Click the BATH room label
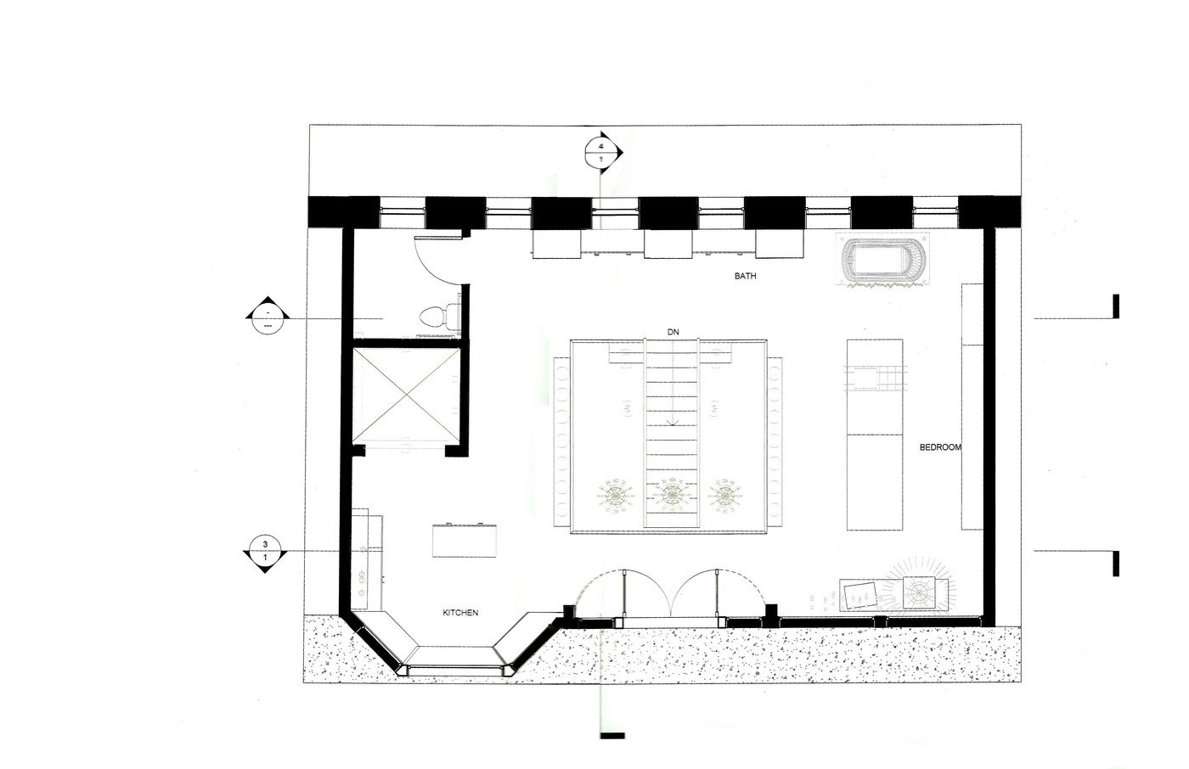745,277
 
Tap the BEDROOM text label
941,447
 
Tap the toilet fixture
435,317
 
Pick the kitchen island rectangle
465,540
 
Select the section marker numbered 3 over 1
265,551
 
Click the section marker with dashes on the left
268,317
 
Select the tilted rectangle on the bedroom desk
860,595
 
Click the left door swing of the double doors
601,594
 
